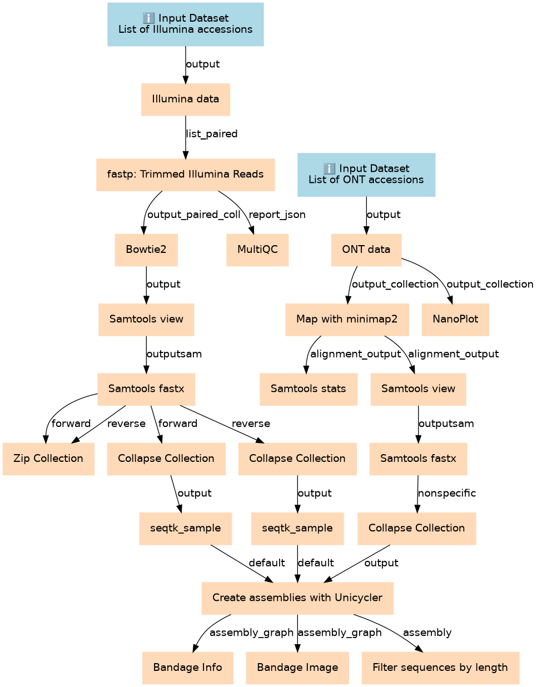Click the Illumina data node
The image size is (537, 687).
click(x=186, y=99)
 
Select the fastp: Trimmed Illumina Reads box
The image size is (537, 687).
click(x=186, y=175)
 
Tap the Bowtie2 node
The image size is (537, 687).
click(x=146, y=250)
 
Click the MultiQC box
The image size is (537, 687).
click(x=257, y=250)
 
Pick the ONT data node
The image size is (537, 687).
click(x=366, y=250)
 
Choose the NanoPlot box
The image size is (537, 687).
click(x=455, y=319)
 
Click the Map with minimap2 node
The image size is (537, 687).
click(x=347, y=319)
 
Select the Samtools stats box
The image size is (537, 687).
click(x=309, y=389)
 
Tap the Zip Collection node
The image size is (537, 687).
click(x=48, y=459)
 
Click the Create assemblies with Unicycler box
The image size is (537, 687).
click(x=297, y=598)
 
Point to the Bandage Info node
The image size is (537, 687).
click(x=188, y=668)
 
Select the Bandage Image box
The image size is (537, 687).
click(x=297, y=668)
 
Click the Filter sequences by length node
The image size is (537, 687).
click(x=440, y=668)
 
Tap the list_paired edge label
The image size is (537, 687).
click(x=212, y=134)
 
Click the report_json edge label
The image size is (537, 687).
click(x=277, y=215)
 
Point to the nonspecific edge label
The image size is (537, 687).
click(x=447, y=493)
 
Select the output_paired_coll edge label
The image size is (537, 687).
click(x=194, y=215)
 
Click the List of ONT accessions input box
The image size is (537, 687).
click(x=366, y=175)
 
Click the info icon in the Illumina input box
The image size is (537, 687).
click(x=148, y=18)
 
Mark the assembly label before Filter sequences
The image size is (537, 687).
click(x=427, y=633)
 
